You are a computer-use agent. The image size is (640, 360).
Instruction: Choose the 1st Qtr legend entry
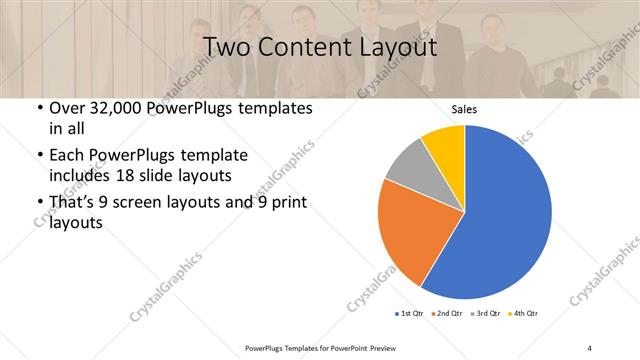(410, 314)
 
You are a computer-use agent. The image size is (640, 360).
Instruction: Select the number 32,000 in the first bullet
(117, 109)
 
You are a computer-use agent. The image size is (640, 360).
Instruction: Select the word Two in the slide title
(227, 47)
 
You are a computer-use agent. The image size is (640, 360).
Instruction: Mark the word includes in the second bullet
(83, 175)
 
